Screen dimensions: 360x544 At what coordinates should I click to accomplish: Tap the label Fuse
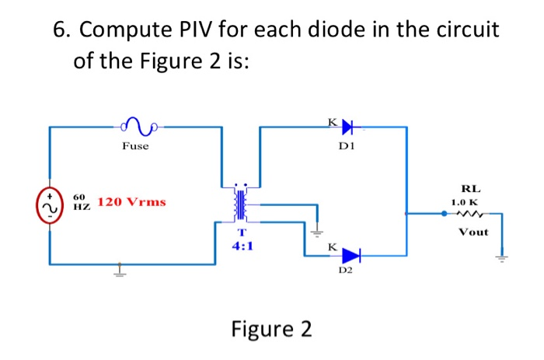[135, 145]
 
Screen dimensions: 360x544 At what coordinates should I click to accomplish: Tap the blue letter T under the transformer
[242, 232]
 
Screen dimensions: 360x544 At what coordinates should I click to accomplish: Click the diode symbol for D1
[347, 125]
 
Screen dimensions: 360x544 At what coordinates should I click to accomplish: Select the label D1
[347, 145]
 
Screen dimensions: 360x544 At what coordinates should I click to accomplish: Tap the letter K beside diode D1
[332, 121]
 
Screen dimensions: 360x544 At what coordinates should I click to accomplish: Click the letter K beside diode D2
[332, 246]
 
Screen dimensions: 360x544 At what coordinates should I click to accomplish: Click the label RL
[470, 188]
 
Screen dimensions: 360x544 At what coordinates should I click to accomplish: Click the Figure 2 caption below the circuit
[271, 329]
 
